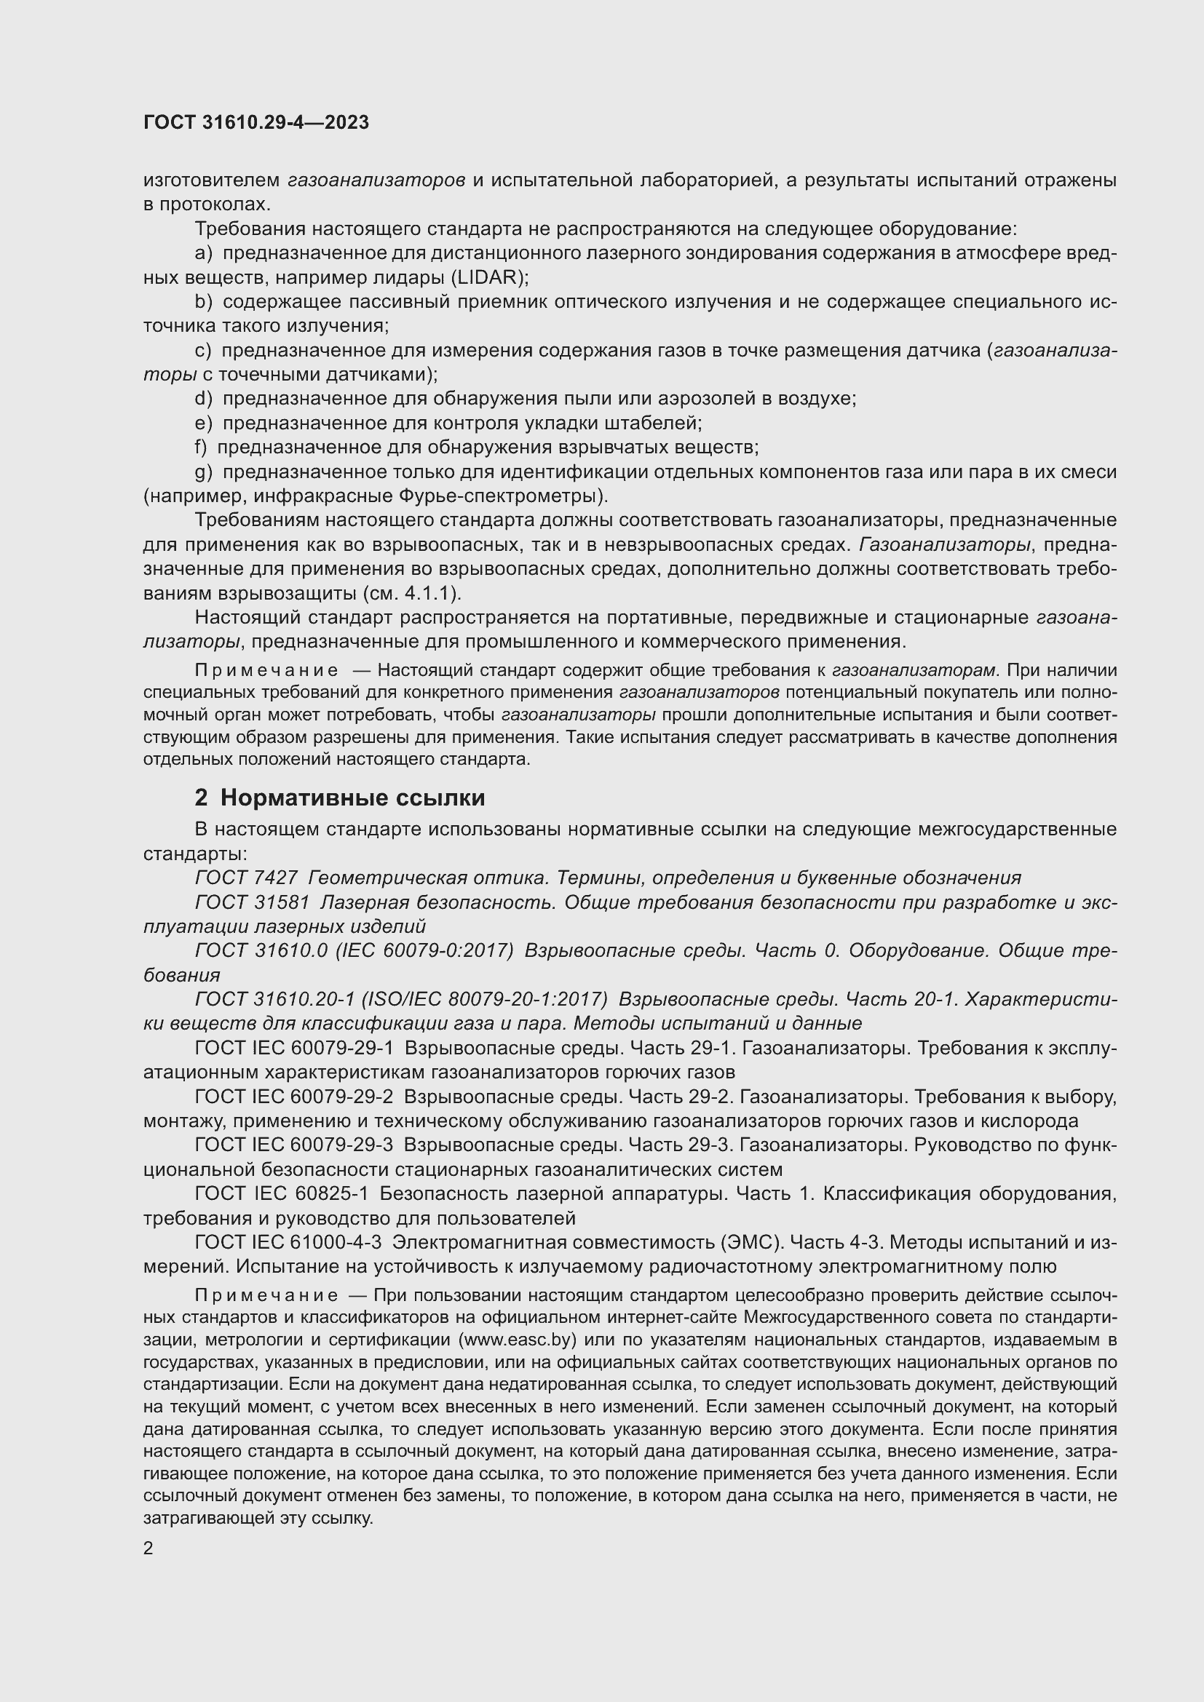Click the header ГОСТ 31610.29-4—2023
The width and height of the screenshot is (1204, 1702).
pos(256,123)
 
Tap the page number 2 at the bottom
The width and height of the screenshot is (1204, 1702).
pos(148,1548)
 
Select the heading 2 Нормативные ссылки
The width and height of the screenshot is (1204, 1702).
pos(339,798)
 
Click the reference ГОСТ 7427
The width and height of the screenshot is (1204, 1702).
pos(246,878)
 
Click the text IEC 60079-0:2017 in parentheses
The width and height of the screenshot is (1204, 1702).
pos(425,950)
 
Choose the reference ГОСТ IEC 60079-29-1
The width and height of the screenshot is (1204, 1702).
pos(293,1048)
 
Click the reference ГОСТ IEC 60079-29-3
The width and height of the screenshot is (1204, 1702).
pos(293,1145)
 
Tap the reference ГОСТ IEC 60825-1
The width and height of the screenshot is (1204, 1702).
pos(282,1193)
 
